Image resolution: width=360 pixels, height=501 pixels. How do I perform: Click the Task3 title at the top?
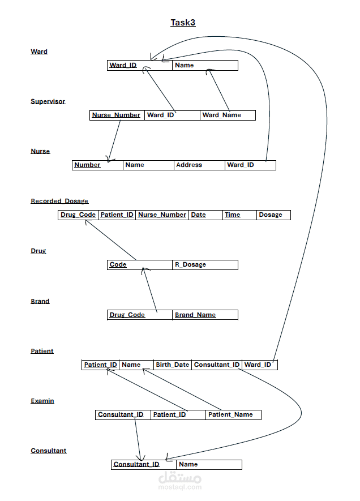pyautogui.click(x=183, y=23)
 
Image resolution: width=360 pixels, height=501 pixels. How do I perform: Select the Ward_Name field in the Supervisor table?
pyautogui.click(x=222, y=115)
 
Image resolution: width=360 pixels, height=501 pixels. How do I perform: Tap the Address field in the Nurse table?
pyautogui.click(x=189, y=165)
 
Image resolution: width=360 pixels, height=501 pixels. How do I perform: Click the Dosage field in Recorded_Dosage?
pyautogui.click(x=271, y=215)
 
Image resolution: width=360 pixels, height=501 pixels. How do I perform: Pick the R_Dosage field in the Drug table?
pyautogui.click(x=190, y=264)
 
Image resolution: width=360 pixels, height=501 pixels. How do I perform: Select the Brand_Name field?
pyautogui.click(x=195, y=315)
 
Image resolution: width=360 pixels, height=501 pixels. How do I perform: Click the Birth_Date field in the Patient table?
pyautogui.click(x=173, y=365)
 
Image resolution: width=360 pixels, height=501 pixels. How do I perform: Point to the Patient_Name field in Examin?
pyautogui.click(x=230, y=414)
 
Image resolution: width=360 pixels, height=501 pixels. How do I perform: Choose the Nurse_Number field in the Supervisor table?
pyautogui.click(x=117, y=115)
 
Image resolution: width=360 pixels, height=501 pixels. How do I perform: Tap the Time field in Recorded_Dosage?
pyautogui.click(x=233, y=215)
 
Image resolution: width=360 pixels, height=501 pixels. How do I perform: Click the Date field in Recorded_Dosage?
pyautogui.click(x=199, y=215)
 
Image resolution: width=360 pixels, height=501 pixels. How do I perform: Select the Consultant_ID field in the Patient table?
pyautogui.click(x=217, y=365)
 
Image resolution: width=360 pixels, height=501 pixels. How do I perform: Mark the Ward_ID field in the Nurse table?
pyautogui.click(x=241, y=165)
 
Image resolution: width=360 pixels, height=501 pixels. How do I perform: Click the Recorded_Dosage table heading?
pyautogui.click(x=59, y=201)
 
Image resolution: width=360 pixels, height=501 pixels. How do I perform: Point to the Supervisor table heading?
pyautogui.click(x=48, y=101)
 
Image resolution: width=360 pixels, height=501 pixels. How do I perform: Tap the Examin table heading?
pyautogui.click(x=42, y=401)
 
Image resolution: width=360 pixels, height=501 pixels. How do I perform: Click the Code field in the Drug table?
pyautogui.click(x=118, y=264)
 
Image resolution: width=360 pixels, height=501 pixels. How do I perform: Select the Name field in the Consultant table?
pyautogui.click(x=188, y=464)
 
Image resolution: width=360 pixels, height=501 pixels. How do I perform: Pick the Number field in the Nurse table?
pyautogui.click(x=88, y=165)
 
